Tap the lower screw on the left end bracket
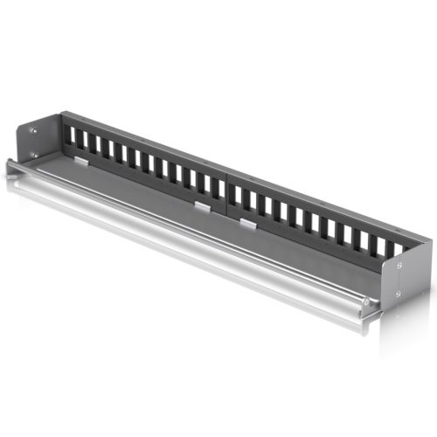(x=34, y=154)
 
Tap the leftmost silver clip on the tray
(x=80, y=161)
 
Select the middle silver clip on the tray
(x=202, y=207)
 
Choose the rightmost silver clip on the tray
(x=247, y=225)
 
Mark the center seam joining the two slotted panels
(x=227, y=187)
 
